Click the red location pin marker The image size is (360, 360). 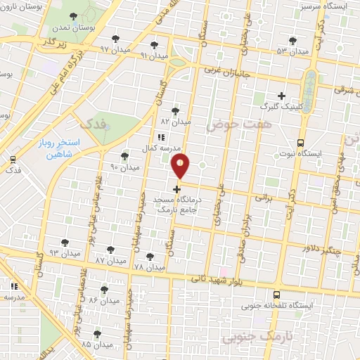pos(181,167)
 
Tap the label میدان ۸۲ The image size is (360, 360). pos(176,122)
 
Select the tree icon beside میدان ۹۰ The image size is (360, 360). pos(124,156)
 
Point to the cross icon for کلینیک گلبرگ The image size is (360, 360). pos(281,96)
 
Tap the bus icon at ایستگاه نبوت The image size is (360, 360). pos(301,141)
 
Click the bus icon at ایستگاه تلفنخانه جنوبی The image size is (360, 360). pos(276,295)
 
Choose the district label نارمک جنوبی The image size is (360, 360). pos(255,338)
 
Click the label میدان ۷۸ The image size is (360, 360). pos(148,267)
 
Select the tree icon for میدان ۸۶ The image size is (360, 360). pos(104,290)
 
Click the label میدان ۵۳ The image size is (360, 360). pos(292,51)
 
